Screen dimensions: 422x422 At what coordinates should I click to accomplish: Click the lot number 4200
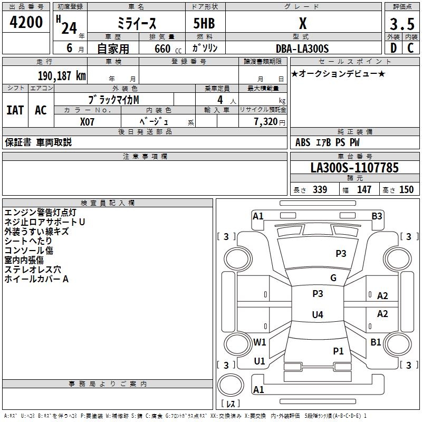click(26, 23)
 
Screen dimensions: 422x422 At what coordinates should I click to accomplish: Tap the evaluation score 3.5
click(401, 24)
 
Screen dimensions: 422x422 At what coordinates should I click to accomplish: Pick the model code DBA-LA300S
click(302, 49)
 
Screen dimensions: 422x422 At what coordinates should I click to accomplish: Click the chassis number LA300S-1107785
click(354, 168)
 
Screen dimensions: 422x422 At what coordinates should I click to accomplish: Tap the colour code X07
click(88, 121)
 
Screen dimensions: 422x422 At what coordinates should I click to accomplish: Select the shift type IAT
click(15, 110)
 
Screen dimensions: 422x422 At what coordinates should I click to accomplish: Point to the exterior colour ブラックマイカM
click(114, 99)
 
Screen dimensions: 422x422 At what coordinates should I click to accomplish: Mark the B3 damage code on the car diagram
click(377, 216)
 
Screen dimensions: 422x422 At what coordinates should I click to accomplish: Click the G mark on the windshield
click(333, 278)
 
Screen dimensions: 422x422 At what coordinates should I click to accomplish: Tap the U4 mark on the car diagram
click(317, 315)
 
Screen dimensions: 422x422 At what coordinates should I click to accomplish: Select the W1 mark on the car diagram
click(260, 342)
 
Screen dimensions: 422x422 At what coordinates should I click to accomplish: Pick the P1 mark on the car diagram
click(338, 351)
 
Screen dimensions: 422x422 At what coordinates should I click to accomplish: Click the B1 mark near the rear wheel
click(376, 342)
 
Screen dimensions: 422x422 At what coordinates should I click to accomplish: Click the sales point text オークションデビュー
click(338, 73)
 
